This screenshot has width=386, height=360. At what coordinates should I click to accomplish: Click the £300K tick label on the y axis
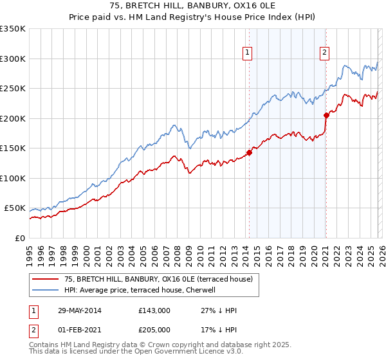[13, 59]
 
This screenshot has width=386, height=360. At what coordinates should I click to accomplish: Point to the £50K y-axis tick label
[15, 208]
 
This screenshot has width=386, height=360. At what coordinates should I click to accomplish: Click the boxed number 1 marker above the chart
[248, 53]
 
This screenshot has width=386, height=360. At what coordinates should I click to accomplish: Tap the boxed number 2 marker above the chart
[325, 53]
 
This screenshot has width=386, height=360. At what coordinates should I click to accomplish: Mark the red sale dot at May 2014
[249, 152]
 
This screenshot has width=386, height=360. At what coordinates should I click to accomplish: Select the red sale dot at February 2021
[326, 116]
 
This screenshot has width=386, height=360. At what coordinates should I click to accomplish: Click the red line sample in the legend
[46, 279]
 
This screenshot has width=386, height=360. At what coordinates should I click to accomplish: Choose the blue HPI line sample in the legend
[46, 290]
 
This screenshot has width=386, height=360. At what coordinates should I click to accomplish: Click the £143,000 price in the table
[154, 310]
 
